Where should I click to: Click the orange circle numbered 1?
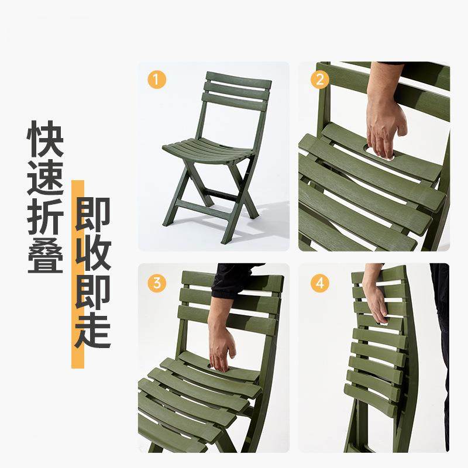(x=156, y=80)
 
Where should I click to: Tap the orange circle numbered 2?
(x=319, y=80)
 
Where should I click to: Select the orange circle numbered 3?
(x=156, y=284)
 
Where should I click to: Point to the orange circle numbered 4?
(x=319, y=284)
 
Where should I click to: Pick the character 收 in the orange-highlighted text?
(x=92, y=252)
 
